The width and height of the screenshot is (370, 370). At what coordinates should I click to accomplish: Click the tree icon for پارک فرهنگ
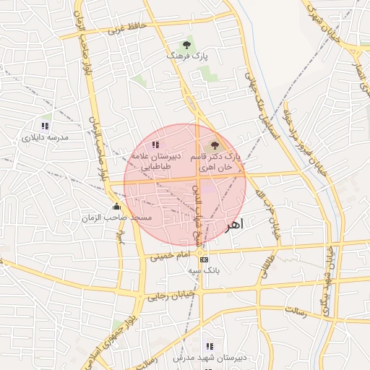pos(187,45)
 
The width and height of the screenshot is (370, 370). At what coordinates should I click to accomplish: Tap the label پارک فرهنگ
pos(186,56)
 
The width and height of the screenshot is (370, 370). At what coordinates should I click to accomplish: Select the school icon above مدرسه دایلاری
pos(45,126)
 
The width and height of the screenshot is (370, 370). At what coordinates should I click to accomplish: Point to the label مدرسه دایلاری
pos(44,137)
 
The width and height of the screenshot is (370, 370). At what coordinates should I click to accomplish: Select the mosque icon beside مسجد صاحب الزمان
pos(116,207)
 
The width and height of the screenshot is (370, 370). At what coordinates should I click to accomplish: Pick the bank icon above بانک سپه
pos(204,259)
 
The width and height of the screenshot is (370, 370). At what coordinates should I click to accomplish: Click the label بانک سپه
pos(204,270)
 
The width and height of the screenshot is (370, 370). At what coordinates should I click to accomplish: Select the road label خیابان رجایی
pos(172,295)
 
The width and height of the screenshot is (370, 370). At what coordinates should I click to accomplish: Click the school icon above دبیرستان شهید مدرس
pos(210,347)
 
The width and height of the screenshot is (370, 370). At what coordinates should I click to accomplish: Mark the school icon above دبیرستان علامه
pos(155,145)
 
